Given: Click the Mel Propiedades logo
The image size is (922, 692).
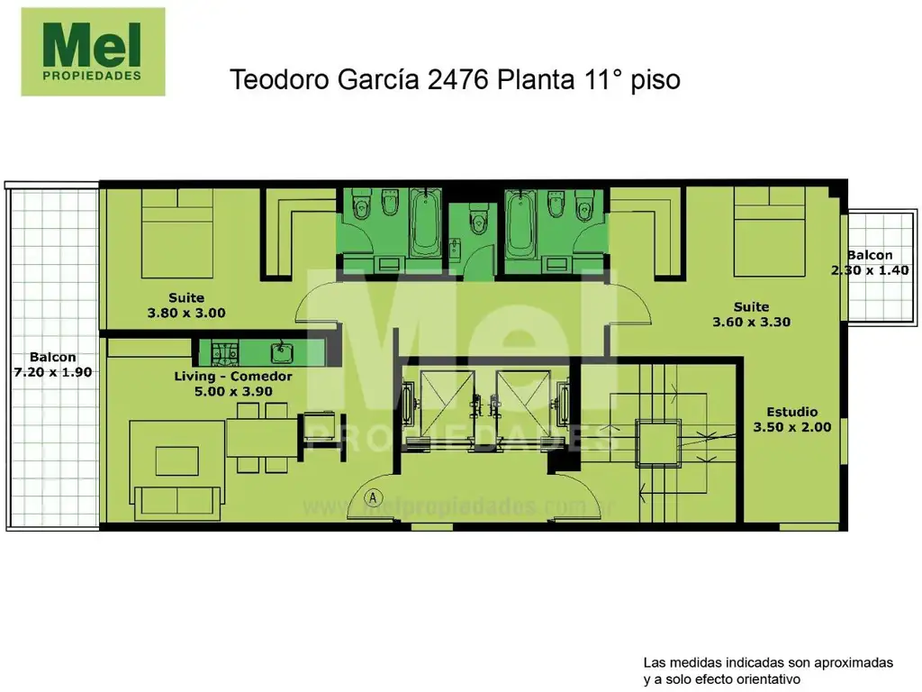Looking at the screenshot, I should click(93, 51).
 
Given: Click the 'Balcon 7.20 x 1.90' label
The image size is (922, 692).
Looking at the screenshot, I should click(52, 363).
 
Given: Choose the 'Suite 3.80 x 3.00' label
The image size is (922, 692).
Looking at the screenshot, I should click(185, 305).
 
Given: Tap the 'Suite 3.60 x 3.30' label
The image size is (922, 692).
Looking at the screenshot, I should click(750, 314).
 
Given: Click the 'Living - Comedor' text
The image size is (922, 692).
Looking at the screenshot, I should click(232, 376).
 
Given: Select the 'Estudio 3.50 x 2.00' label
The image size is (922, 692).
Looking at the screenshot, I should click(792, 420).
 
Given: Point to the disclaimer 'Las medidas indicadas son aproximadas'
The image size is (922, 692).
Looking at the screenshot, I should click(768, 662).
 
